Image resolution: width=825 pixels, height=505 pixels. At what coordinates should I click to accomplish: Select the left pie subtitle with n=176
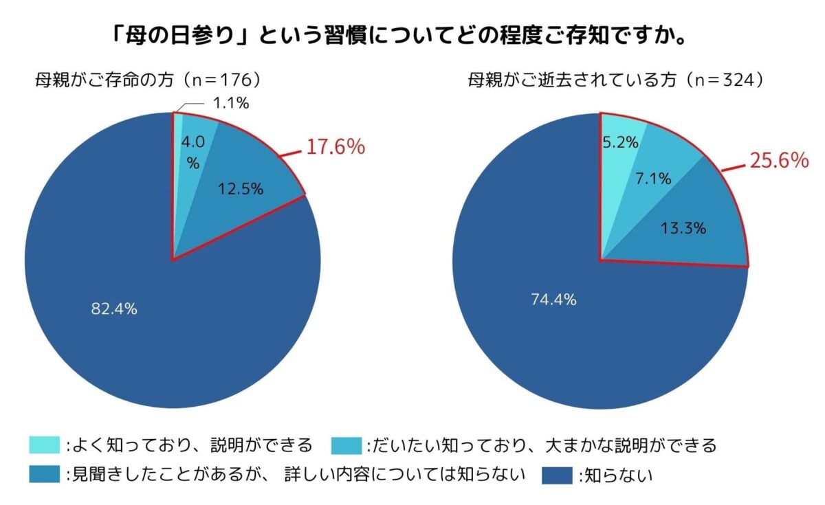point(148,80)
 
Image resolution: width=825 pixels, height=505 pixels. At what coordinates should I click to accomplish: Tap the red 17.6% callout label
point(335,147)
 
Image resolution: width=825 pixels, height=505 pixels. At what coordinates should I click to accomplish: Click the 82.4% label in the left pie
point(114,309)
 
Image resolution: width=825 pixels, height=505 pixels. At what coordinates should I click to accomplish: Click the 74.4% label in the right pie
point(553,300)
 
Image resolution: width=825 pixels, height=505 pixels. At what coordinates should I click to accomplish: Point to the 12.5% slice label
point(240,189)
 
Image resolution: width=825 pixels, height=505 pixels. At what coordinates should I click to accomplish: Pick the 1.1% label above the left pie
point(230,104)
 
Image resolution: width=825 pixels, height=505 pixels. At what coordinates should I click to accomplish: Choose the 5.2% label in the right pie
point(621,143)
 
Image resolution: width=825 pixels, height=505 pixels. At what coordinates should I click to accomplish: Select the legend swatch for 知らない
point(558,475)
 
